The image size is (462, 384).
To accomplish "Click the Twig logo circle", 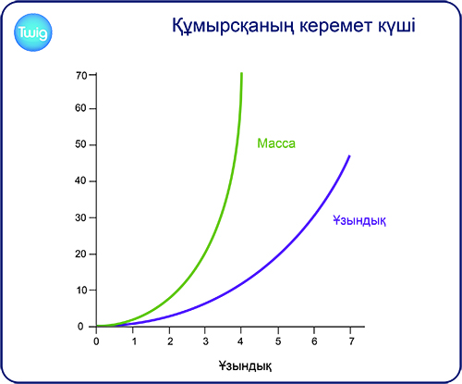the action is pyautogui.click(x=33, y=32).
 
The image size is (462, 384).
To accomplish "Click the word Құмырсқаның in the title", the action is pyautogui.click(x=233, y=26).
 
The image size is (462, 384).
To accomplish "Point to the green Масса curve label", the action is pyautogui.click(x=276, y=143).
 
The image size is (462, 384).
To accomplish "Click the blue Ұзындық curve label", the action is pyautogui.click(x=359, y=220).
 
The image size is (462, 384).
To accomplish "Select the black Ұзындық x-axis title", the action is pyautogui.click(x=246, y=366).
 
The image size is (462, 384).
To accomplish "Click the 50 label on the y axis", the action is pyautogui.click(x=81, y=144).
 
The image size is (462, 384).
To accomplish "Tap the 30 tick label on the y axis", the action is pyautogui.click(x=81, y=217).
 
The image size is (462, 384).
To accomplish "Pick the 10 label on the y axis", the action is pyautogui.click(x=82, y=291).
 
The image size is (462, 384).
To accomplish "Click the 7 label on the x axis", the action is pyautogui.click(x=351, y=341).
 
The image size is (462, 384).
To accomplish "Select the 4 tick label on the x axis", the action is pyautogui.click(x=241, y=341).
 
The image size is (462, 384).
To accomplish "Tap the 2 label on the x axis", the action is pyautogui.click(x=170, y=341).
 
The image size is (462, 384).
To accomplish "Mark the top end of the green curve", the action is pyautogui.click(x=241, y=73).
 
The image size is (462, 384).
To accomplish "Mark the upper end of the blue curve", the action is pyautogui.click(x=349, y=155).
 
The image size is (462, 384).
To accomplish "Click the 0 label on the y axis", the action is pyautogui.click(x=80, y=327).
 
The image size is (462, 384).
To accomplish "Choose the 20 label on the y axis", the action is pyautogui.click(x=81, y=254).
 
